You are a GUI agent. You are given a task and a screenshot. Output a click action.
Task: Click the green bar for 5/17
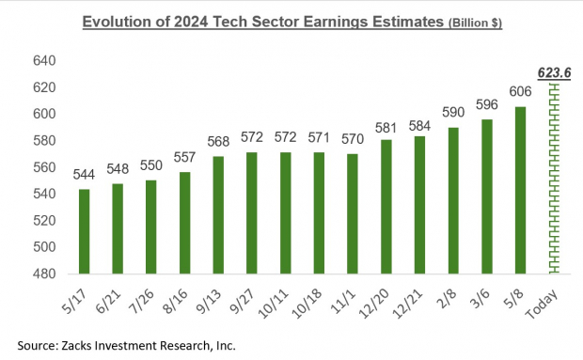pos(85,231)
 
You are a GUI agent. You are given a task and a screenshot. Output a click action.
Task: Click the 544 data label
pos(85,176)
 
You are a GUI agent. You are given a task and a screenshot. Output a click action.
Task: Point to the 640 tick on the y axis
pos(46,61)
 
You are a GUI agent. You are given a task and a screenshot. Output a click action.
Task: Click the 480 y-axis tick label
pos(46,274)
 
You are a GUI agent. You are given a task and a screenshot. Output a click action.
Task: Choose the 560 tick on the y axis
pos(46,167)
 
